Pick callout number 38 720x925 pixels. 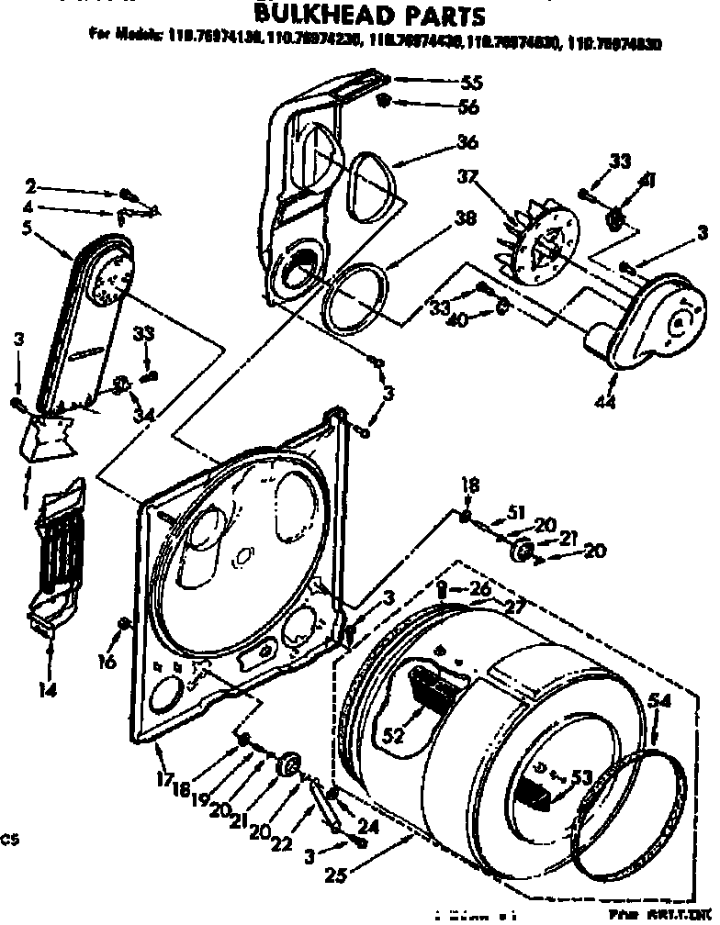466,219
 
